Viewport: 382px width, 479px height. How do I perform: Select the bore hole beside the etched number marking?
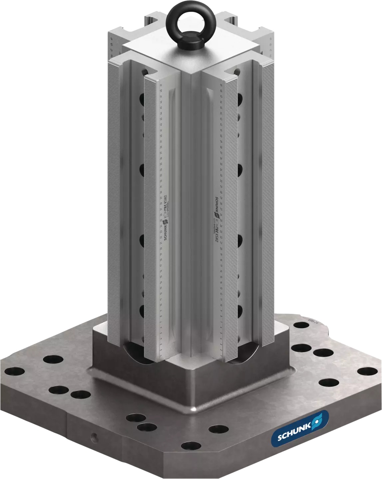tap(301, 325)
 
